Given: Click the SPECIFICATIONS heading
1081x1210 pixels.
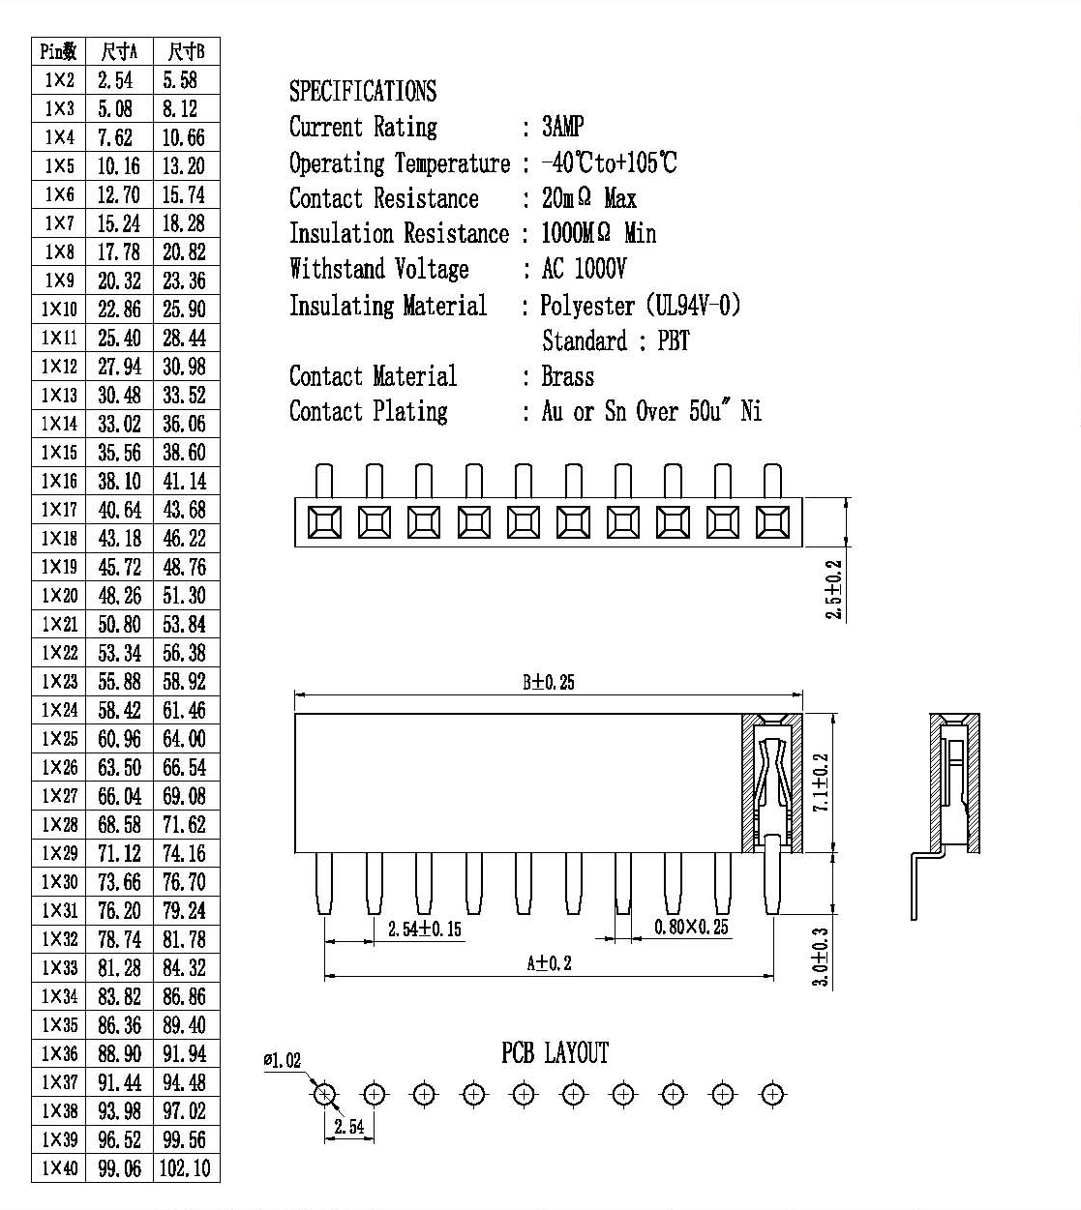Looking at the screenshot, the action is pos(363,91).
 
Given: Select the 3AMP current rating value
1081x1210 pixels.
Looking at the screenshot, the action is pos(562,127).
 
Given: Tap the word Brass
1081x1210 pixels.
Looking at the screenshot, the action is pos(568,376).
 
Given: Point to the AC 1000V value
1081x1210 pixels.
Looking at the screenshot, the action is pos(584,269).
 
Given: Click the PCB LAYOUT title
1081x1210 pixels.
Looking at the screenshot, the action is pos(555,1052).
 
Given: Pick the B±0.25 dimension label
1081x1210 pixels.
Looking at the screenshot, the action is pos(549,682).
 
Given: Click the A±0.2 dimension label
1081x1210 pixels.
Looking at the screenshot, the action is pos(549,962).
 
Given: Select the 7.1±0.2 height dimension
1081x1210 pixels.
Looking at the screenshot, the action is pos(821,782).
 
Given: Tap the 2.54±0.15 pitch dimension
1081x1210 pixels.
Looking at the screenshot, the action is pos(424,929).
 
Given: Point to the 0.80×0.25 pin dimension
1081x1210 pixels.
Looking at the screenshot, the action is pos(691,927).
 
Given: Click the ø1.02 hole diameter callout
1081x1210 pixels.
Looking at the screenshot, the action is pos(282,1060).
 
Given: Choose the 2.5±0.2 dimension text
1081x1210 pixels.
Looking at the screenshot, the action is pos(833,589).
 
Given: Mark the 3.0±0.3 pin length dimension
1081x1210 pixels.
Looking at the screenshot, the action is pos(820,957).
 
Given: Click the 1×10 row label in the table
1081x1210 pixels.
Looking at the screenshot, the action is pos(59,309).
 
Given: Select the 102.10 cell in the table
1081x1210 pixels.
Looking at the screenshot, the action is pos(185,1167).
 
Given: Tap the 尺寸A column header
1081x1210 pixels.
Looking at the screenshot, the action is pos(119,52).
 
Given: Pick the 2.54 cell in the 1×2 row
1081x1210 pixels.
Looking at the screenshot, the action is pos(115,80).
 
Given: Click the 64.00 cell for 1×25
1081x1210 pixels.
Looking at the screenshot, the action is pos(184,739).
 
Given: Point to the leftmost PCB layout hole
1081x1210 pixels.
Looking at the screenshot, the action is pos(324,1095).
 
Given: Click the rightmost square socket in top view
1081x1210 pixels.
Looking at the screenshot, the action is pos(772,522).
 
